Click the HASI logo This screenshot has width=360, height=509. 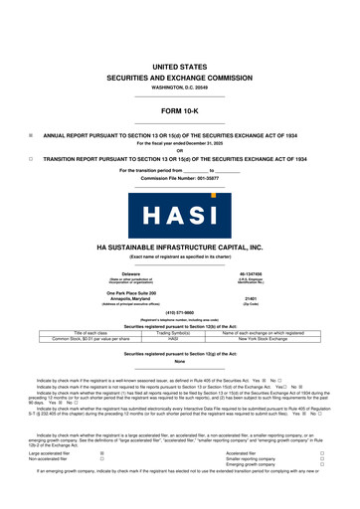click(x=179, y=214)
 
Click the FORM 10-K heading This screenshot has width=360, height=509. click(x=179, y=111)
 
